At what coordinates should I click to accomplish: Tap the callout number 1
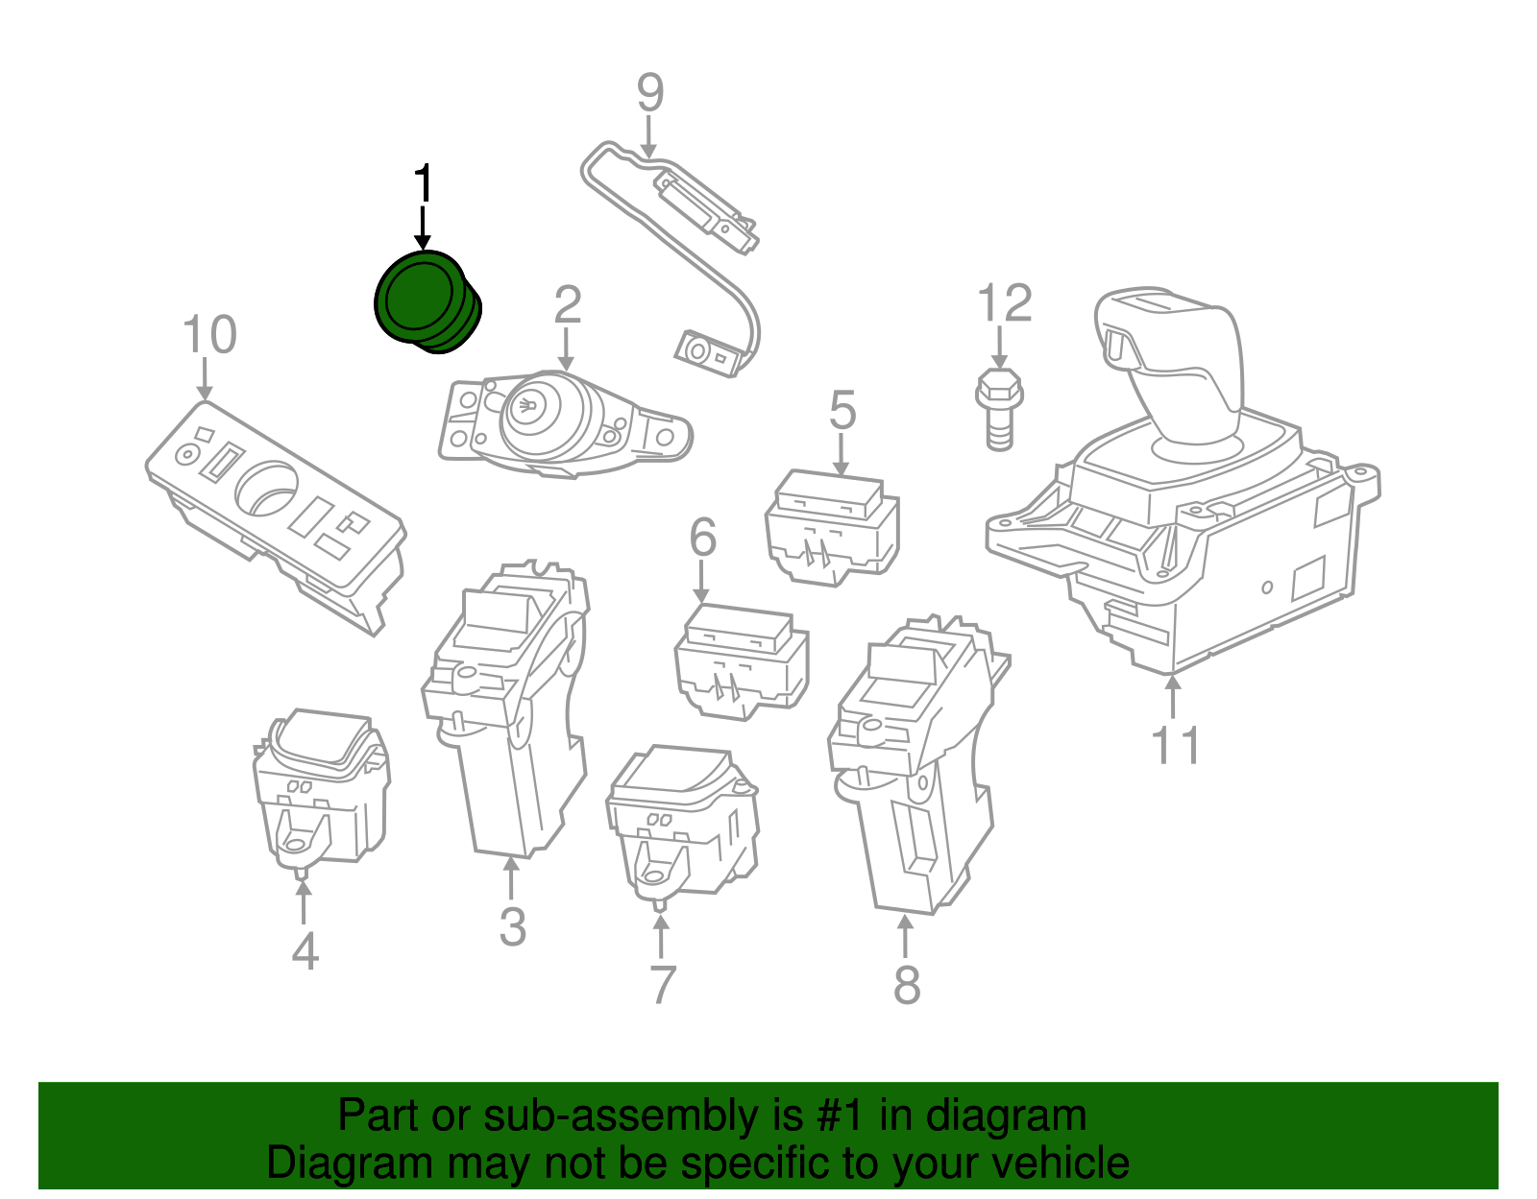(423, 184)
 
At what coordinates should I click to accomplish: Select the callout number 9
(650, 94)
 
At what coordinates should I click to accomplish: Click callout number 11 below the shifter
(1175, 746)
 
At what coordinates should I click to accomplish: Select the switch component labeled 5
(832, 528)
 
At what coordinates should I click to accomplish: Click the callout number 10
(208, 335)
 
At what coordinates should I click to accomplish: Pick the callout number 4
(305, 951)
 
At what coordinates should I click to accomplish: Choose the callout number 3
(512, 926)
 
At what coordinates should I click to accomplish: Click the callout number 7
(663, 985)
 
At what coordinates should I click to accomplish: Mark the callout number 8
(907, 985)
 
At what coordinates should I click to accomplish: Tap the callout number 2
(567, 305)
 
